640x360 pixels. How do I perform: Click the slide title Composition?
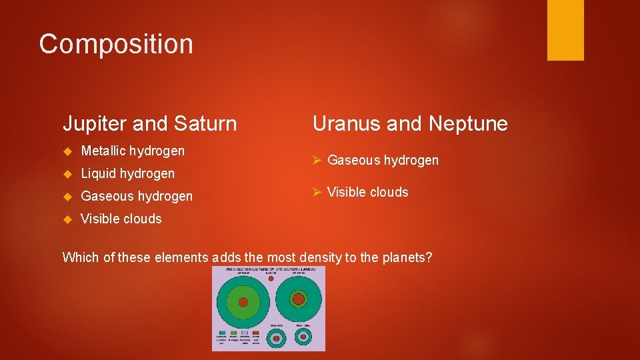pos(116,44)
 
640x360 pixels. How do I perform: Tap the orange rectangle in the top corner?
pos(565,30)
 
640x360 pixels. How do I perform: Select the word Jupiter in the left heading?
pos(94,124)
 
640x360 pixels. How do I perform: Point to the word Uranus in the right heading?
pos(346,124)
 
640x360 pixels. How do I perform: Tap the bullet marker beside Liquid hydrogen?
pos(67,174)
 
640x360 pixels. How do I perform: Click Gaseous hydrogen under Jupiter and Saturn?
pos(136,196)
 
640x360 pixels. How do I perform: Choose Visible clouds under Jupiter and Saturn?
pos(121,219)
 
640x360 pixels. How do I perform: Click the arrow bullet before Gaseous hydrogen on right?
pos(317,160)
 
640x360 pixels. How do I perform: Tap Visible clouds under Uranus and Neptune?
pos(367,192)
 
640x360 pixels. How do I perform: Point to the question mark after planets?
pos(429,257)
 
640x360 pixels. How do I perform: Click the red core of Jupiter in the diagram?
pos(243,302)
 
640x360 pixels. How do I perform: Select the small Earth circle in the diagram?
pos(270,278)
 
